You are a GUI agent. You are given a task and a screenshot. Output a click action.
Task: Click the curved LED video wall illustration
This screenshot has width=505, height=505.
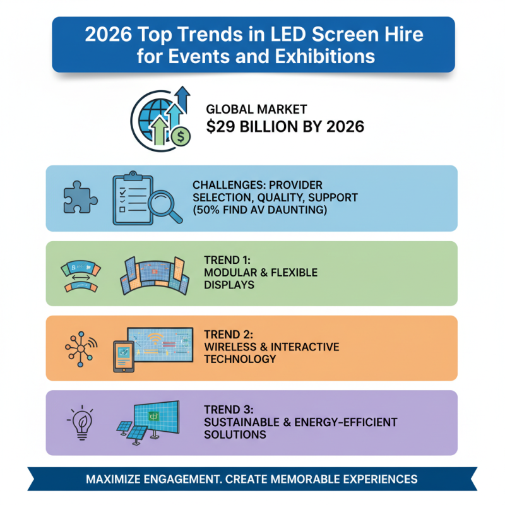click(155, 276)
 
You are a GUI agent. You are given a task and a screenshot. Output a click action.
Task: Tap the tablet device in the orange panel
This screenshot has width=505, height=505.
click(126, 357)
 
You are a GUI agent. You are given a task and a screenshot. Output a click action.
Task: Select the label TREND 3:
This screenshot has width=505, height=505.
click(227, 408)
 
